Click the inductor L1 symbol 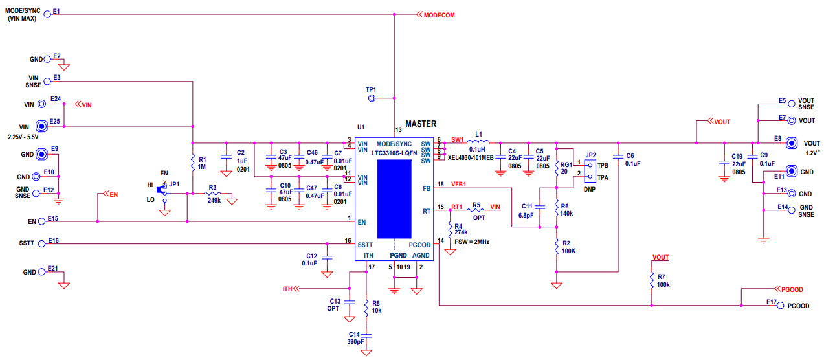pyautogui.click(x=478, y=142)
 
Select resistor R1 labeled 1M pyautogui.click(x=192, y=164)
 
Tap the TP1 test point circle pyautogui.click(x=372, y=98)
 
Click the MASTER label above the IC pyautogui.click(x=421, y=124)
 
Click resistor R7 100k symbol pyautogui.click(x=652, y=280)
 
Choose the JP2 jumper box pyautogui.click(x=590, y=171)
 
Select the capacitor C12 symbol pyautogui.click(x=328, y=257)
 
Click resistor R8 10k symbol pyautogui.click(x=366, y=306)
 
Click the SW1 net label pyautogui.click(x=457, y=139)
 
